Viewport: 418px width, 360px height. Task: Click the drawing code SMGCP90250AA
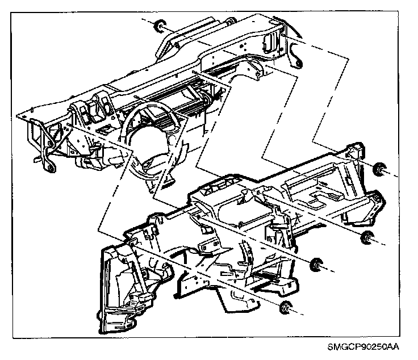pyautogui.click(x=363, y=347)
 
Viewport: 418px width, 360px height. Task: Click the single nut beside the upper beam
pyautogui.click(x=160, y=26)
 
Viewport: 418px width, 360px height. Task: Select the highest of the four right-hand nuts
pyautogui.click(x=379, y=169)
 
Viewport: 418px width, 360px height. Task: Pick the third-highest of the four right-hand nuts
pyautogui.click(x=317, y=265)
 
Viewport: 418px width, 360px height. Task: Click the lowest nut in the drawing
pyautogui.click(x=286, y=308)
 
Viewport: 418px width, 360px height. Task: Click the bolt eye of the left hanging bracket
pyautogui.click(x=49, y=168)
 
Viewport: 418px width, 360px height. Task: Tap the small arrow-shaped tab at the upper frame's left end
pyautogui.click(x=38, y=160)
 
